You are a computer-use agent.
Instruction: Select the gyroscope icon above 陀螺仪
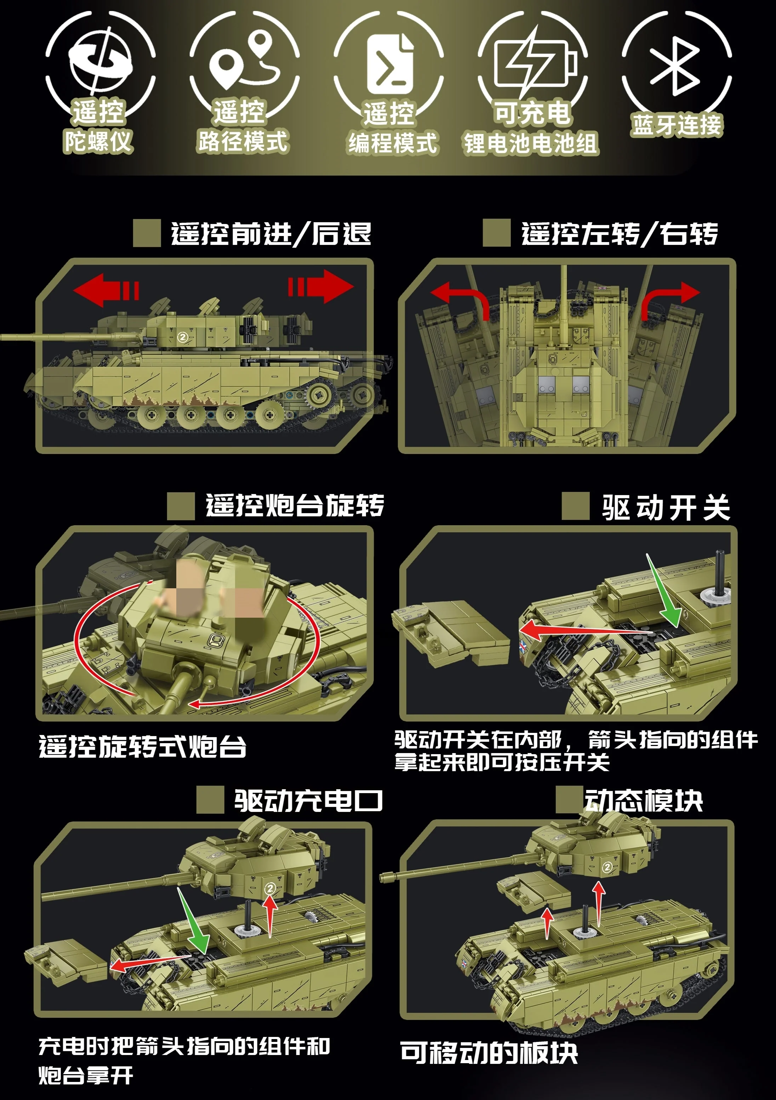(x=101, y=60)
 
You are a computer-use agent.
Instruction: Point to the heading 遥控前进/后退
(x=270, y=234)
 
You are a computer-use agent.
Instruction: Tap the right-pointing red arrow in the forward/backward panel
(x=322, y=286)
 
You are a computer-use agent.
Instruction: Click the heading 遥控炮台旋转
(x=295, y=505)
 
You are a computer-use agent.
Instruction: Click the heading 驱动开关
(x=666, y=508)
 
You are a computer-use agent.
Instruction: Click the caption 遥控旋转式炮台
(x=142, y=746)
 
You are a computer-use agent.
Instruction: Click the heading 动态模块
(x=643, y=800)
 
